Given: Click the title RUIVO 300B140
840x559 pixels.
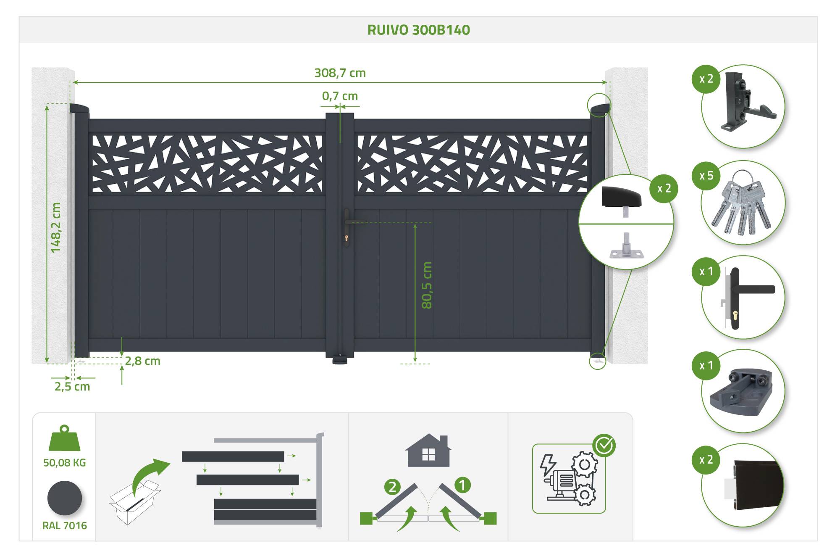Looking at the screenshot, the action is pyautogui.click(x=419, y=30).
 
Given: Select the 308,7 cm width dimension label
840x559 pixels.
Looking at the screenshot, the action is pyautogui.click(x=340, y=73).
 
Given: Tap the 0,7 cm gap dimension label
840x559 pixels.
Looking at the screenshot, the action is pyautogui.click(x=340, y=96).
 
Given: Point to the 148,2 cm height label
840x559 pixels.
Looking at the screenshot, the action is pyautogui.click(x=55, y=228).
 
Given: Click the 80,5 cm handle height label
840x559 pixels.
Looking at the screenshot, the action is pyautogui.click(x=427, y=285).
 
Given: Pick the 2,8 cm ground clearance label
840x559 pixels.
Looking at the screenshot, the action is pyautogui.click(x=143, y=361).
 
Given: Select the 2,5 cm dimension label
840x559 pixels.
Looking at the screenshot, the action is pyautogui.click(x=72, y=387).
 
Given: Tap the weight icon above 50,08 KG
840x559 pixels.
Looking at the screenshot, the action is pyautogui.click(x=64, y=438).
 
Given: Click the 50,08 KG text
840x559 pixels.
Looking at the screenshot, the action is pyautogui.click(x=65, y=463).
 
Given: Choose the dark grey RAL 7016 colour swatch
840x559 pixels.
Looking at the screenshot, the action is pyautogui.click(x=65, y=498).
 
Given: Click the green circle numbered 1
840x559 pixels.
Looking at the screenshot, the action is pyautogui.click(x=462, y=485).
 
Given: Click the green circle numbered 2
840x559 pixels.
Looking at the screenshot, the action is pyautogui.click(x=392, y=487).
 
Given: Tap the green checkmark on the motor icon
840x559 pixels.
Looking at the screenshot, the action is pyautogui.click(x=604, y=446).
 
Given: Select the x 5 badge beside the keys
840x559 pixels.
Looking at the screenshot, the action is pyautogui.click(x=706, y=176).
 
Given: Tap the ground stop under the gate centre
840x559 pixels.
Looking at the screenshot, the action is pyautogui.click(x=340, y=360).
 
